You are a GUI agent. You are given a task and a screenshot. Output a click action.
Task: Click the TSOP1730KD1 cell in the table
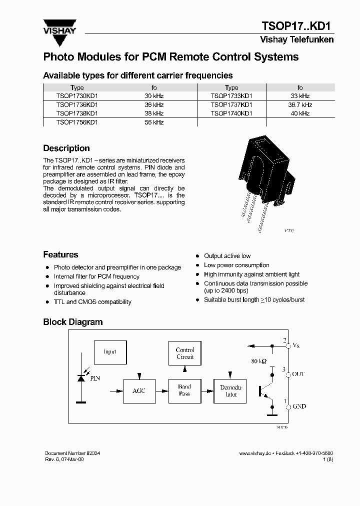(77, 96)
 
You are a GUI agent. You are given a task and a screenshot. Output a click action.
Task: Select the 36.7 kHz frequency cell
(300, 105)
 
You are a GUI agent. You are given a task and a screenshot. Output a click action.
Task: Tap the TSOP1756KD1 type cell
(77, 122)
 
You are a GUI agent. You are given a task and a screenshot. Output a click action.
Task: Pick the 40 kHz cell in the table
(300, 113)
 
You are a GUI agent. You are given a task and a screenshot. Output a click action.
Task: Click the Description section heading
(66, 148)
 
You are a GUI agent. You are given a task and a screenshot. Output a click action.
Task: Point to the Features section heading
(60, 255)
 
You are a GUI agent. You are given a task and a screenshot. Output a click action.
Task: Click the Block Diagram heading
(73, 322)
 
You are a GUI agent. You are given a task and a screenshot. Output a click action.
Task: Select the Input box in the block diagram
(109, 352)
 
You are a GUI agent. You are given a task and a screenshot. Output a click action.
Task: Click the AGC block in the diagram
(138, 390)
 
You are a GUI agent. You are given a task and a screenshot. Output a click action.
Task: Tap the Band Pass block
(184, 390)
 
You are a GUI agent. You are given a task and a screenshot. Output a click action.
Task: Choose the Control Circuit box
(185, 353)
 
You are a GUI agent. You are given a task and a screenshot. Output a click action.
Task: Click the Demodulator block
(231, 390)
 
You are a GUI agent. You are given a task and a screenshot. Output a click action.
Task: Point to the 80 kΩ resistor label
(258, 360)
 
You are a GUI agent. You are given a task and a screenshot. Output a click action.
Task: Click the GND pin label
(299, 407)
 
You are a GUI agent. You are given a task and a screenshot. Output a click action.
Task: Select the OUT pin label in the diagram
(298, 374)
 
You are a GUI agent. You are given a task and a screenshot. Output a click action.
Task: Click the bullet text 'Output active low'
(227, 256)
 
